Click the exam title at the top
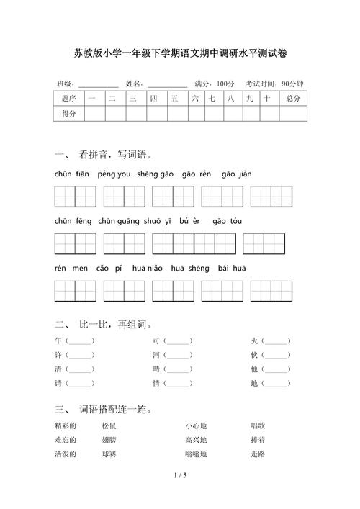[180, 53]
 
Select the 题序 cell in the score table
[69, 97]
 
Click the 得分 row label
[69, 113]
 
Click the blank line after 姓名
[166, 84]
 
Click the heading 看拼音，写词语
[115, 154]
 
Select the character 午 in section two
[58, 341]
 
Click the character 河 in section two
[156, 355]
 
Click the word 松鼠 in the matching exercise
[109, 425]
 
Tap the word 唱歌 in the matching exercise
[258, 425]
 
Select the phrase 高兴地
[196, 440]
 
